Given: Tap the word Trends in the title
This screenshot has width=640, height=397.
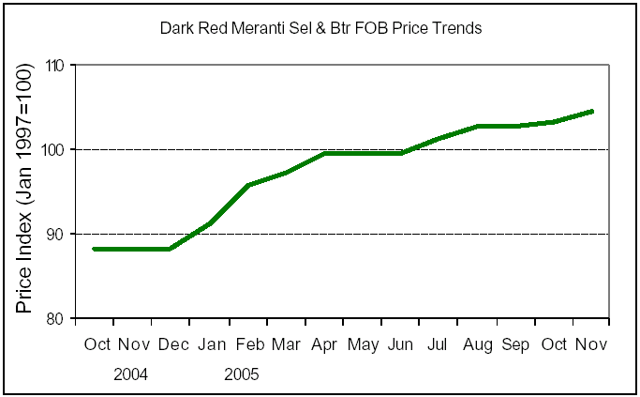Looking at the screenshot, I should [458, 28].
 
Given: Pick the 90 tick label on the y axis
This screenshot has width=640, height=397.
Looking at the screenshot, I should [56, 234].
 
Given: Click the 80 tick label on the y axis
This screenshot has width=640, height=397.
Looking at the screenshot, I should [56, 318].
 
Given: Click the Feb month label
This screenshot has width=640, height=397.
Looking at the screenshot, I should [248, 344].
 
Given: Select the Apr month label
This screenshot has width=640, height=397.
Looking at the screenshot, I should [325, 344].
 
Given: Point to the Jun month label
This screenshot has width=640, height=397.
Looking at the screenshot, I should [401, 344].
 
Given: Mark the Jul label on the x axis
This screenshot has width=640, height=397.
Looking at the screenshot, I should [439, 344].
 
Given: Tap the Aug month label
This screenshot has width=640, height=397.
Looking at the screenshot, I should [478, 344].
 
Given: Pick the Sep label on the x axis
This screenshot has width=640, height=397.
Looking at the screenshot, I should [516, 344].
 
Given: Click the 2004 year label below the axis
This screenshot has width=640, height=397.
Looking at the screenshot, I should [131, 374].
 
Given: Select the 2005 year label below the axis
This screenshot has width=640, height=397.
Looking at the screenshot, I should [242, 374].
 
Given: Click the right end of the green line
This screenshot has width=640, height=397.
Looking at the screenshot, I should [592, 111].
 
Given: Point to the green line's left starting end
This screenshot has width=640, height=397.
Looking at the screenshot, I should [94, 249].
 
